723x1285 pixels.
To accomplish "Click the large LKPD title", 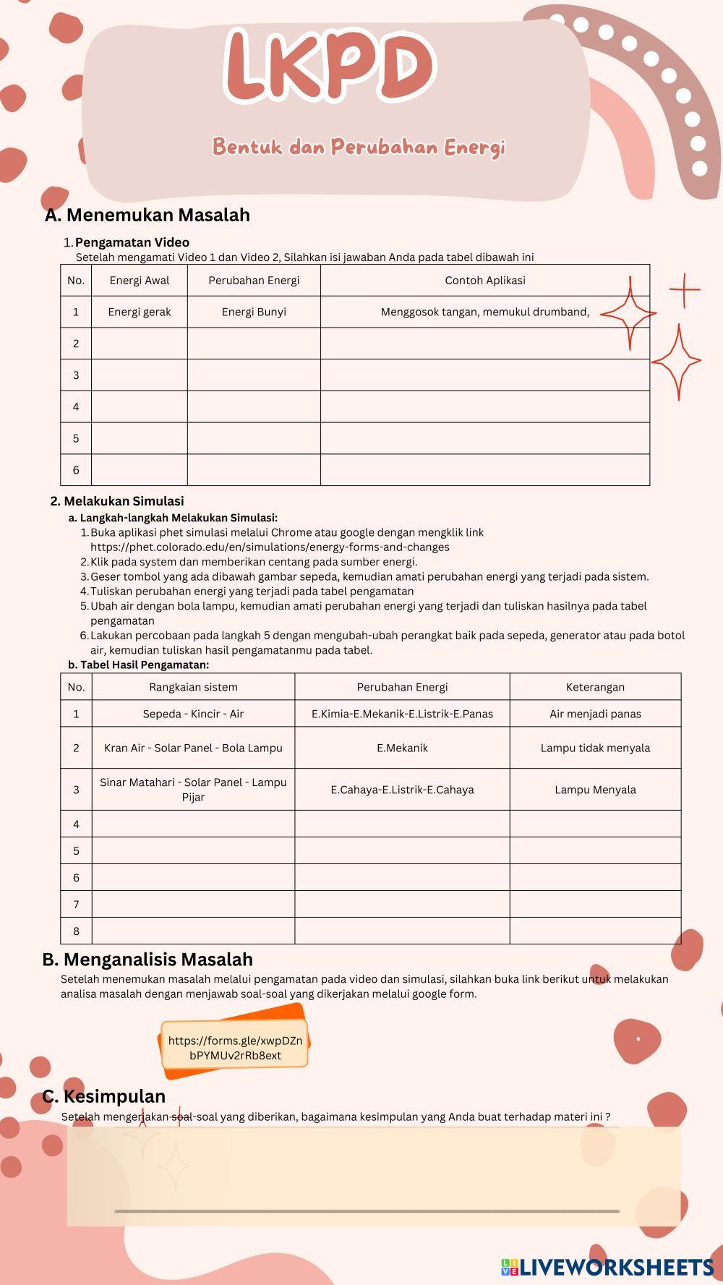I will point(329,67).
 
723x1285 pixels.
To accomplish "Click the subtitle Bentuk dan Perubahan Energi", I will point(359,147).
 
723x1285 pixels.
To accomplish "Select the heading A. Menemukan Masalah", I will point(147,215).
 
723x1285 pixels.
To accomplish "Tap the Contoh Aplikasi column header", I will point(484,281).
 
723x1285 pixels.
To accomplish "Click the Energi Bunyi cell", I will point(254,312).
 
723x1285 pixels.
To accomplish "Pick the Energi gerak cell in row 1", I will point(140,312).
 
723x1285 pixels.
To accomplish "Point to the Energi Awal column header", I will point(140,281).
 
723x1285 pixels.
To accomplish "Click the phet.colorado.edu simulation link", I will point(270,547).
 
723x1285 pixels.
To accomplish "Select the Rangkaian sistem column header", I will point(193,687).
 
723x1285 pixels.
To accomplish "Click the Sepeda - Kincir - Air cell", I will point(193,714).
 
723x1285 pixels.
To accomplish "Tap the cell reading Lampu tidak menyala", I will point(595,748).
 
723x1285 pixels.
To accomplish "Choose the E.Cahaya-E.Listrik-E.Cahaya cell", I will point(402,790).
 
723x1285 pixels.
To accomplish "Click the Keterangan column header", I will point(595,687).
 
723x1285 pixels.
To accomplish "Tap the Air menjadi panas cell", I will point(595,714).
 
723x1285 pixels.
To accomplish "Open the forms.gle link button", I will point(235,1048).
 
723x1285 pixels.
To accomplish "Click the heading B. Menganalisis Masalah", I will point(147,960).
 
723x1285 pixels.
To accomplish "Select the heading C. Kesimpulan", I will point(104,1096).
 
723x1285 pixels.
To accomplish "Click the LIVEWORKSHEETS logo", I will point(607,1266).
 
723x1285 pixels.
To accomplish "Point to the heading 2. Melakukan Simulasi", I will point(117,501).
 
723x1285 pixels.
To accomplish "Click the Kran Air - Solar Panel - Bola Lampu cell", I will point(193,748).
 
